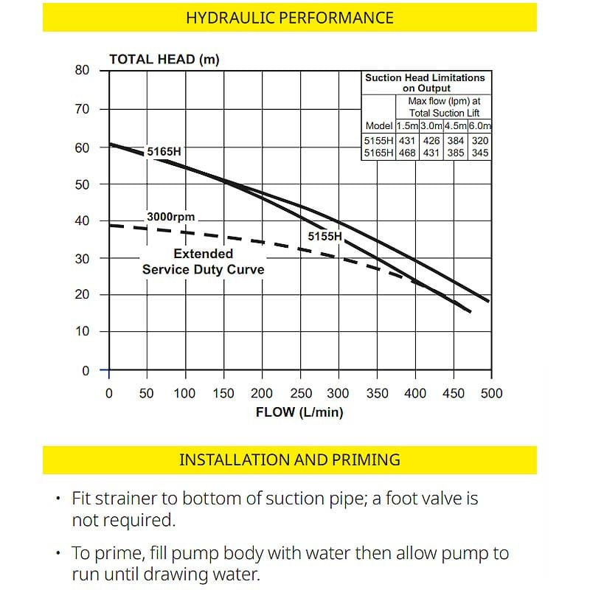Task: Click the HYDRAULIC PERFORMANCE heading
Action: pos(289,18)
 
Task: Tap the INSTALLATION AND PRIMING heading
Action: pos(289,459)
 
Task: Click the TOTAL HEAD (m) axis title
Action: pos(164,60)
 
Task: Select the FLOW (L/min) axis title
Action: pos(299,412)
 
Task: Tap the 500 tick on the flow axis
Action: pos(490,393)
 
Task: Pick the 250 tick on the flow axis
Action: pos(300,393)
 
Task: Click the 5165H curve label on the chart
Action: pos(164,152)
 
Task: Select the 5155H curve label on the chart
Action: pos(325,237)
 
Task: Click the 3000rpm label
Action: pos(170,218)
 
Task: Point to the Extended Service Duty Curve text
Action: pos(203,262)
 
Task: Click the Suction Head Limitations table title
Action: pos(425,83)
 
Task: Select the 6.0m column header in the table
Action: pos(479,125)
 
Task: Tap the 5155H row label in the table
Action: pos(378,140)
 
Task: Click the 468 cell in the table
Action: pos(407,153)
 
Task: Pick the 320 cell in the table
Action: pos(479,140)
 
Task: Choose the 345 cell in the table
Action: pos(479,153)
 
